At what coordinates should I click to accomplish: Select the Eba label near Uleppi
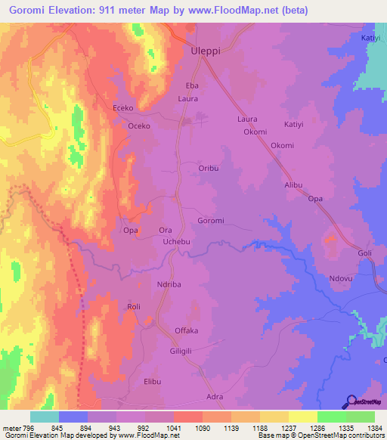pyautogui.click(x=192, y=86)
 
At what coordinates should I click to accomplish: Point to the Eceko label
pyautogui.click(x=123, y=108)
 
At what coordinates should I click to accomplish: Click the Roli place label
pyautogui.click(x=134, y=307)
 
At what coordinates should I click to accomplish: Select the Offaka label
pyautogui.click(x=186, y=331)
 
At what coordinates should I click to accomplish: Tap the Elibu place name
pyautogui.click(x=153, y=382)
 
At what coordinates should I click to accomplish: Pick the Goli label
pyautogui.click(x=365, y=254)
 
